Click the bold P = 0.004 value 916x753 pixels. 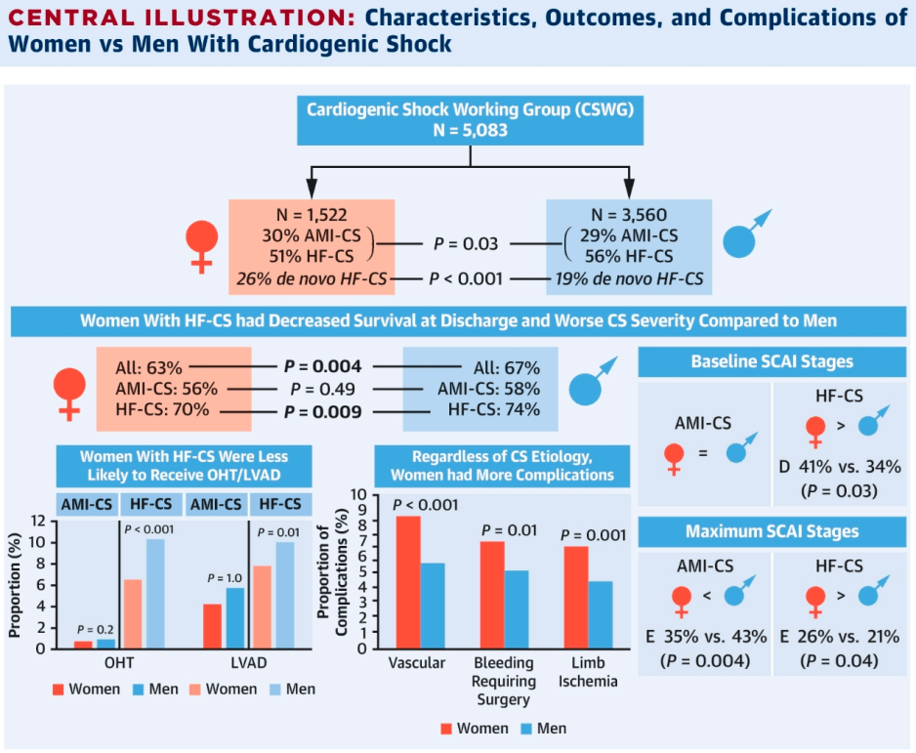(x=322, y=367)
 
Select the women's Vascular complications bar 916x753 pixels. (x=407, y=581)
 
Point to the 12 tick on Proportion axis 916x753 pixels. (x=38, y=519)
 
